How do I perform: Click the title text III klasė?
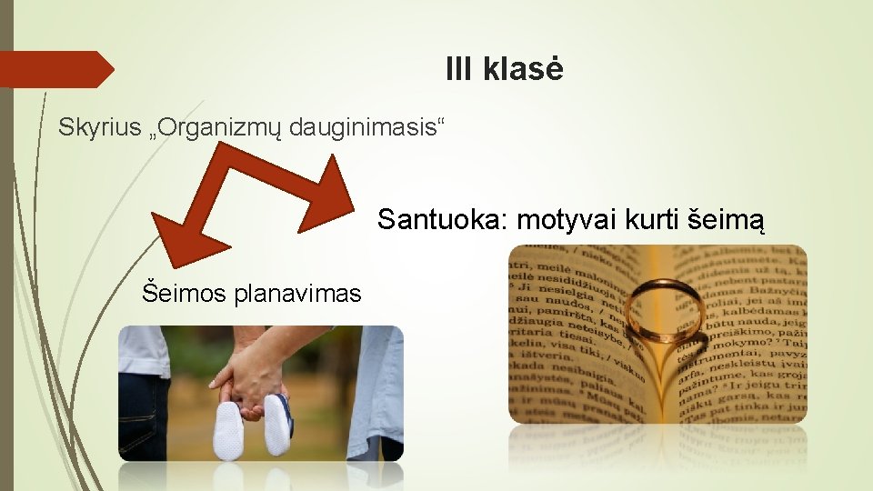pos(505,69)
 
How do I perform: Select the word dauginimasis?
pos(366,128)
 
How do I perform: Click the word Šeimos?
pos(182,293)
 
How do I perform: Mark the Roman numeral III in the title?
pos(460,69)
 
